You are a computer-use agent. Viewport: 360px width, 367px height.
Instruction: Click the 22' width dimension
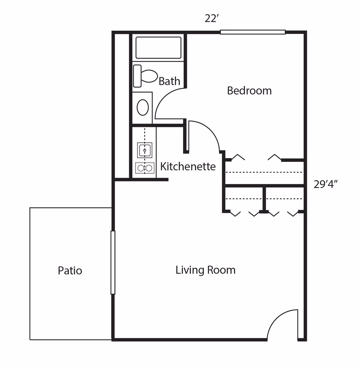pos(211,19)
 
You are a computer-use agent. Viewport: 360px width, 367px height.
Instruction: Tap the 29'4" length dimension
pos(326,184)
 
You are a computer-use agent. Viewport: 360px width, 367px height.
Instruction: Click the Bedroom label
pos(249,91)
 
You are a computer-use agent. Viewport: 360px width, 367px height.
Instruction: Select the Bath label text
pos(169,81)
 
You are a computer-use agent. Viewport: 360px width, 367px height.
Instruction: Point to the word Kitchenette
pos(188,166)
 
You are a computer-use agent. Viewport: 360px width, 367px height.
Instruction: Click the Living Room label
pos(205,270)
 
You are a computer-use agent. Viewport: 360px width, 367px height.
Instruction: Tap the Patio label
pos(70,271)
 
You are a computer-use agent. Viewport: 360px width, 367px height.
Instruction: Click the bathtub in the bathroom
pos(158,48)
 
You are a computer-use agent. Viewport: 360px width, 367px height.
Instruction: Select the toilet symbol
pos(145,76)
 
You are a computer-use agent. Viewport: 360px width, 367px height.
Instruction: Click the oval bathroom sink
pos(143,107)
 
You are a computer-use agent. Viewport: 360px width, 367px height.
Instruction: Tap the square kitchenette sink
pos(145,150)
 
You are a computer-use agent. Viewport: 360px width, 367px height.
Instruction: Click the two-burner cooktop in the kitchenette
pos(145,168)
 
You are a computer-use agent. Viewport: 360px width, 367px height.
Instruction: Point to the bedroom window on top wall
pos(252,32)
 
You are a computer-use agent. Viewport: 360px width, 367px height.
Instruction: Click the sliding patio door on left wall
pos(113,262)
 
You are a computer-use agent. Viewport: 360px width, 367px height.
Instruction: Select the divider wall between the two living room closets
pos(264,199)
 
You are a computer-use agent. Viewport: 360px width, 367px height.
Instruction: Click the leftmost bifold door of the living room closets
pos(235,214)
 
